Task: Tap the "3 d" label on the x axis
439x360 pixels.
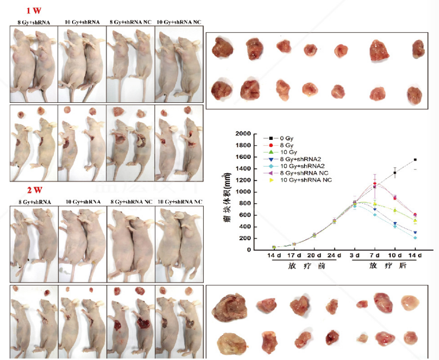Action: click(355, 256)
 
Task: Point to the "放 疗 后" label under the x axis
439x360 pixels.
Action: click(385, 266)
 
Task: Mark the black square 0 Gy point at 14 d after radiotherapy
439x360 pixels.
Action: click(415, 160)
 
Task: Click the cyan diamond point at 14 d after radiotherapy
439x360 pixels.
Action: click(415, 238)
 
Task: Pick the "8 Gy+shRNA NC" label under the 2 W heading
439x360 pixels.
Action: click(131, 201)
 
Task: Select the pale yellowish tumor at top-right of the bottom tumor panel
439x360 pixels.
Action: click(411, 303)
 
